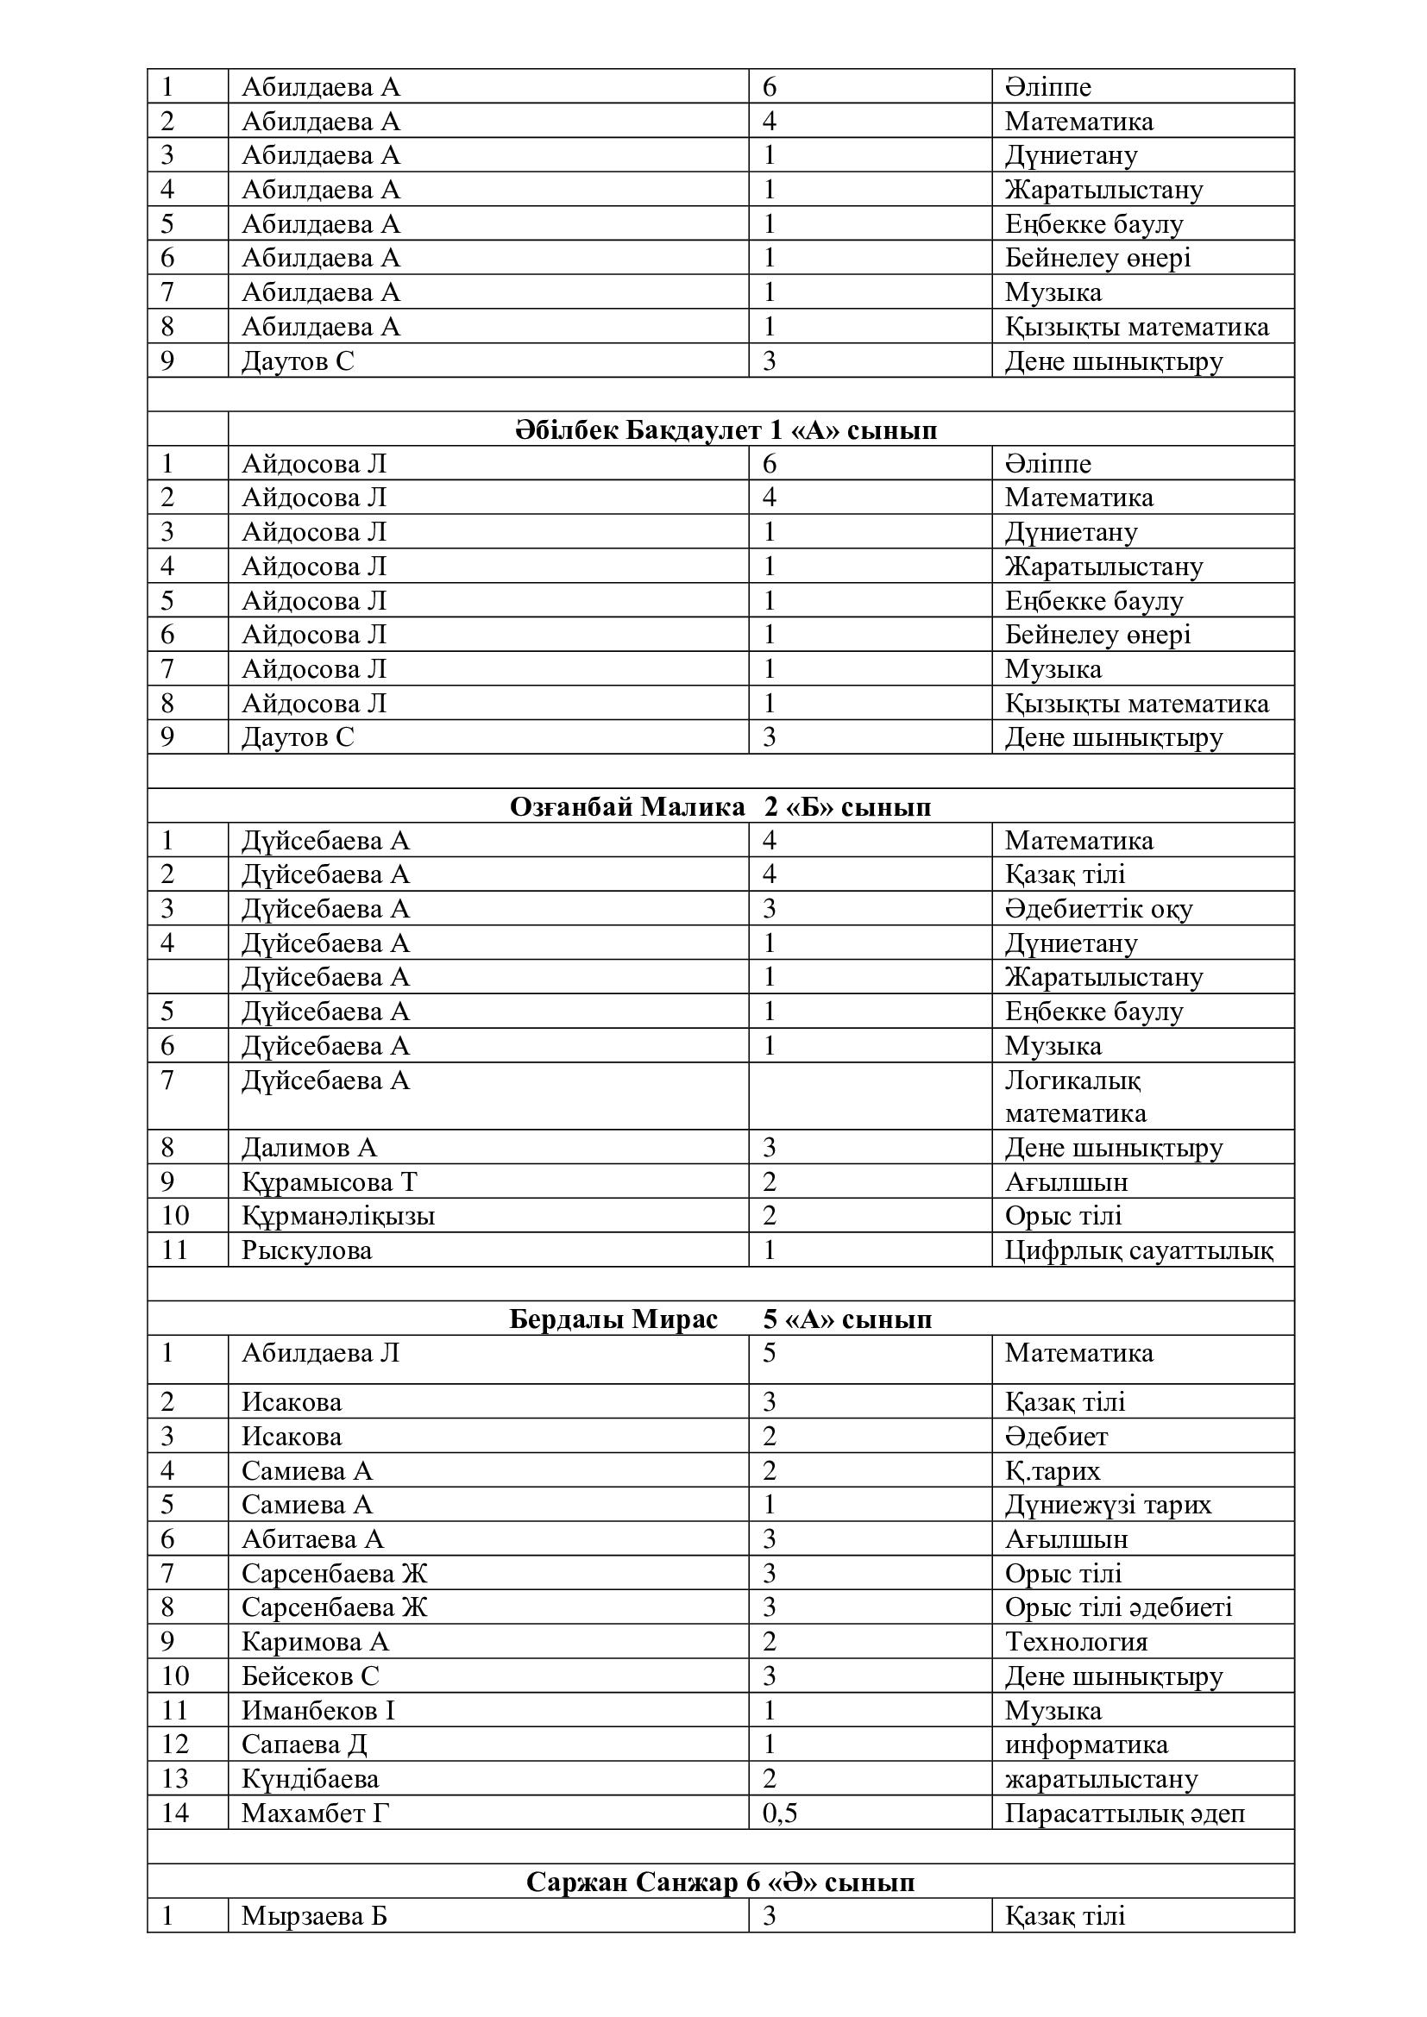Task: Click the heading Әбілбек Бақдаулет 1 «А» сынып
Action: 725,430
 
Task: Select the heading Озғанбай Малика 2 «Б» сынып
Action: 720,806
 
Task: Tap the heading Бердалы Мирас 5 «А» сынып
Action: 720,1319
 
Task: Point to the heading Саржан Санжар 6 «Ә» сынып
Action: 720,1882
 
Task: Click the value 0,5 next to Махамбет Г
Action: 779,1813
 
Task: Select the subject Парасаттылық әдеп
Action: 1125,1813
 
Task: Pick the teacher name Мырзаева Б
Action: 314,1915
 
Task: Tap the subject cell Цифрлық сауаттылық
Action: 1139,1250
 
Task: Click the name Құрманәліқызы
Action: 338,1216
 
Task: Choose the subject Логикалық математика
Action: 1076,1096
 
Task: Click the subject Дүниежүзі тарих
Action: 1108,1505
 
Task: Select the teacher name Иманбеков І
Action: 318,1709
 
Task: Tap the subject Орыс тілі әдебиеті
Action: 1119,1607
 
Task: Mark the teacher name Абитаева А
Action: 313,1539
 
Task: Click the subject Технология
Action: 1077,1641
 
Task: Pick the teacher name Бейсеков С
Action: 311,1676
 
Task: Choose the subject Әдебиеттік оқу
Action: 1098,908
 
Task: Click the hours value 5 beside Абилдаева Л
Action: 769,1353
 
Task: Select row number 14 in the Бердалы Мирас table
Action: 175,1813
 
